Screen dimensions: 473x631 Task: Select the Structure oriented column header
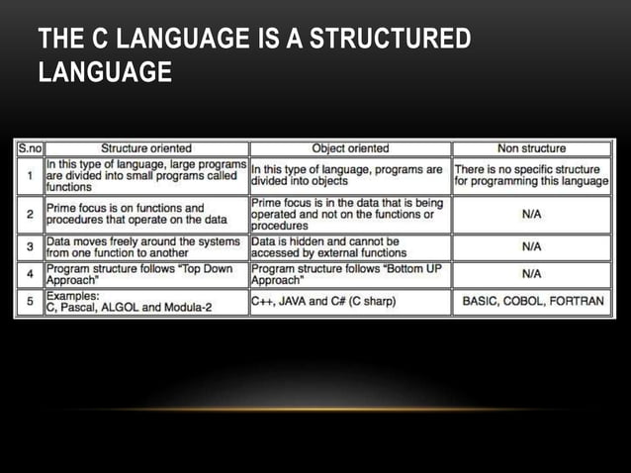pos(146,148)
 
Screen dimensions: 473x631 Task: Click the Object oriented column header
pos(350,148)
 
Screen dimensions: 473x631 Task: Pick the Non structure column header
pos(531,148)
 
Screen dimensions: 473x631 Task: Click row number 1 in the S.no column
pos(30,175)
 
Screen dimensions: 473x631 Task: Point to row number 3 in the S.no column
pos(30,246)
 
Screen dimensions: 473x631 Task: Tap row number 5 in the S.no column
pos(30,301)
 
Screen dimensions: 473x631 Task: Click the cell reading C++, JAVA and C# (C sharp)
pos(350,301)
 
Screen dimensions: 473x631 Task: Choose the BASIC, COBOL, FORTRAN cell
pos(531,301)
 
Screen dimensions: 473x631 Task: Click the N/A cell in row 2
pos(531,213)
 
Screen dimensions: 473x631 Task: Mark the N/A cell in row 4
pos(531,273)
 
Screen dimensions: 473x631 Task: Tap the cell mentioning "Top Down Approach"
pos(146,273)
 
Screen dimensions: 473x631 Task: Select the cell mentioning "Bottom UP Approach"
pos(350,273)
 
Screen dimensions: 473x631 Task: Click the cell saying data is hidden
pos(350,246)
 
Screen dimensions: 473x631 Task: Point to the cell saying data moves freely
pos(146,246)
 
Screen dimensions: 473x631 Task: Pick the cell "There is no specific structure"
pos(531,175)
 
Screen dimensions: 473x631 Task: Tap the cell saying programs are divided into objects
pos(350,175)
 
